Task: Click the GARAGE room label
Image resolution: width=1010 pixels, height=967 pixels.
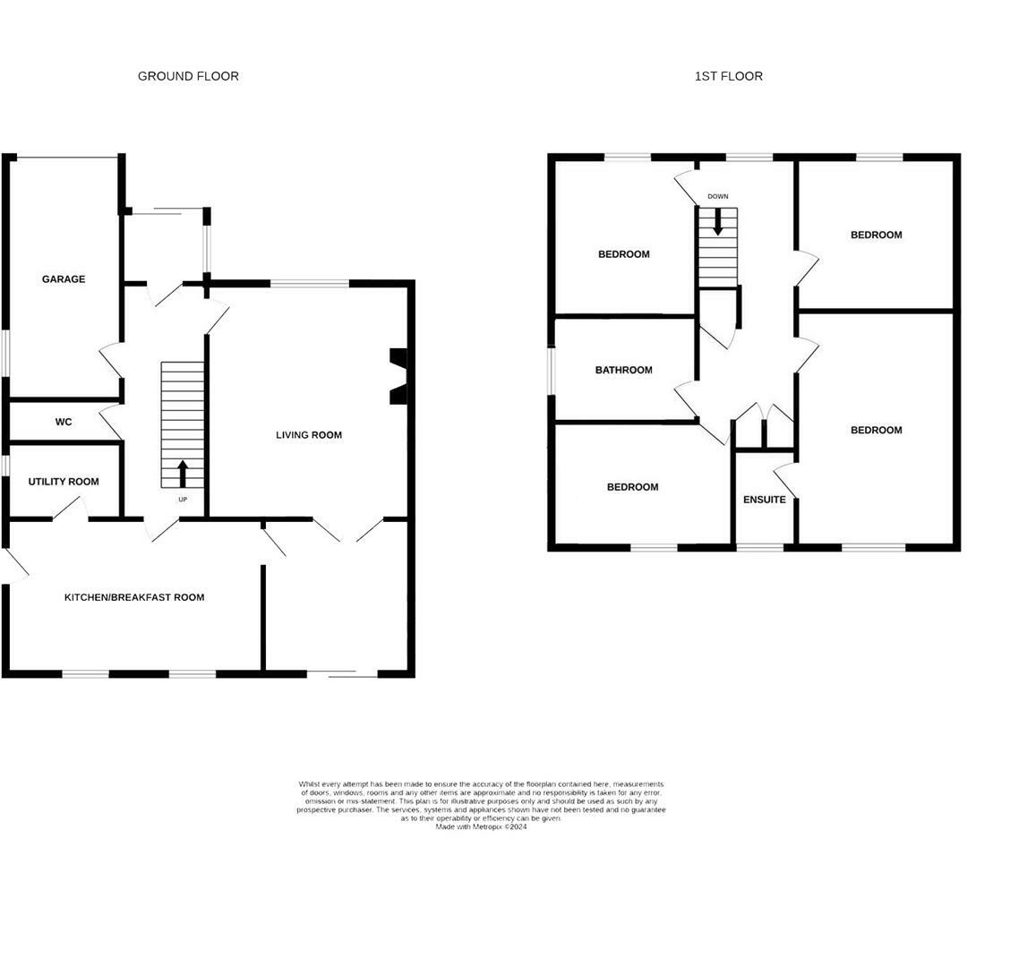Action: click(x=64, y=279)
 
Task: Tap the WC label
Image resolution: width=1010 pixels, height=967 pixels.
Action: click(x=64, y=422)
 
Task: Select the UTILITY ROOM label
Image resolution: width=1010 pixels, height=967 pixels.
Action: click(x=64, y=482)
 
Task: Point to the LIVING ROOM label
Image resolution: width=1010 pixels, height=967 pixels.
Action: click(x=308, y=435)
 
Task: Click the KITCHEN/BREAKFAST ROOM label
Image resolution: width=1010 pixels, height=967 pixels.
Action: click(x=134, y=597)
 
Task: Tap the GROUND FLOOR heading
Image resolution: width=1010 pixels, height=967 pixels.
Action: click(x=188, y=76)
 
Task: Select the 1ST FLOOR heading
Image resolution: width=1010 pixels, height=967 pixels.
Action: click(x=729, y=76)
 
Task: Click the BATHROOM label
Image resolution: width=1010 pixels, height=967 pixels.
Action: click(x=624, y=370)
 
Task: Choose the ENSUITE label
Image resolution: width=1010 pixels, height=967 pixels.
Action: click(x=765, y=500)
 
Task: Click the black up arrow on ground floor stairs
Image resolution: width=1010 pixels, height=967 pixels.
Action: click(x=183, y=473)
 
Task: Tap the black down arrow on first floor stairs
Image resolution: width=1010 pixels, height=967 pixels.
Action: click(x=717, y=223)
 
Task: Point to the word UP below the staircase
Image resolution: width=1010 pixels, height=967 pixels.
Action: click(x=183, y=499)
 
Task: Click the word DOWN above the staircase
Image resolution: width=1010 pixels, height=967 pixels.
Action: click(x=717, y=196)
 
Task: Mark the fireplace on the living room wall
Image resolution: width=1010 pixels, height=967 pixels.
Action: click(x=398, y=376)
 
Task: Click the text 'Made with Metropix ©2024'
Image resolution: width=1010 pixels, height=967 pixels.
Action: click(x=481, y=826)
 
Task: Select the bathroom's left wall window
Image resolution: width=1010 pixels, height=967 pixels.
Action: click(x=552, y=370)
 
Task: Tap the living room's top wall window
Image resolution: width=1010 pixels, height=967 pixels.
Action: click(x=310, y=284)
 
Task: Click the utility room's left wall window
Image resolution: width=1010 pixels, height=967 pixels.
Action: click(x=5, y=466)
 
